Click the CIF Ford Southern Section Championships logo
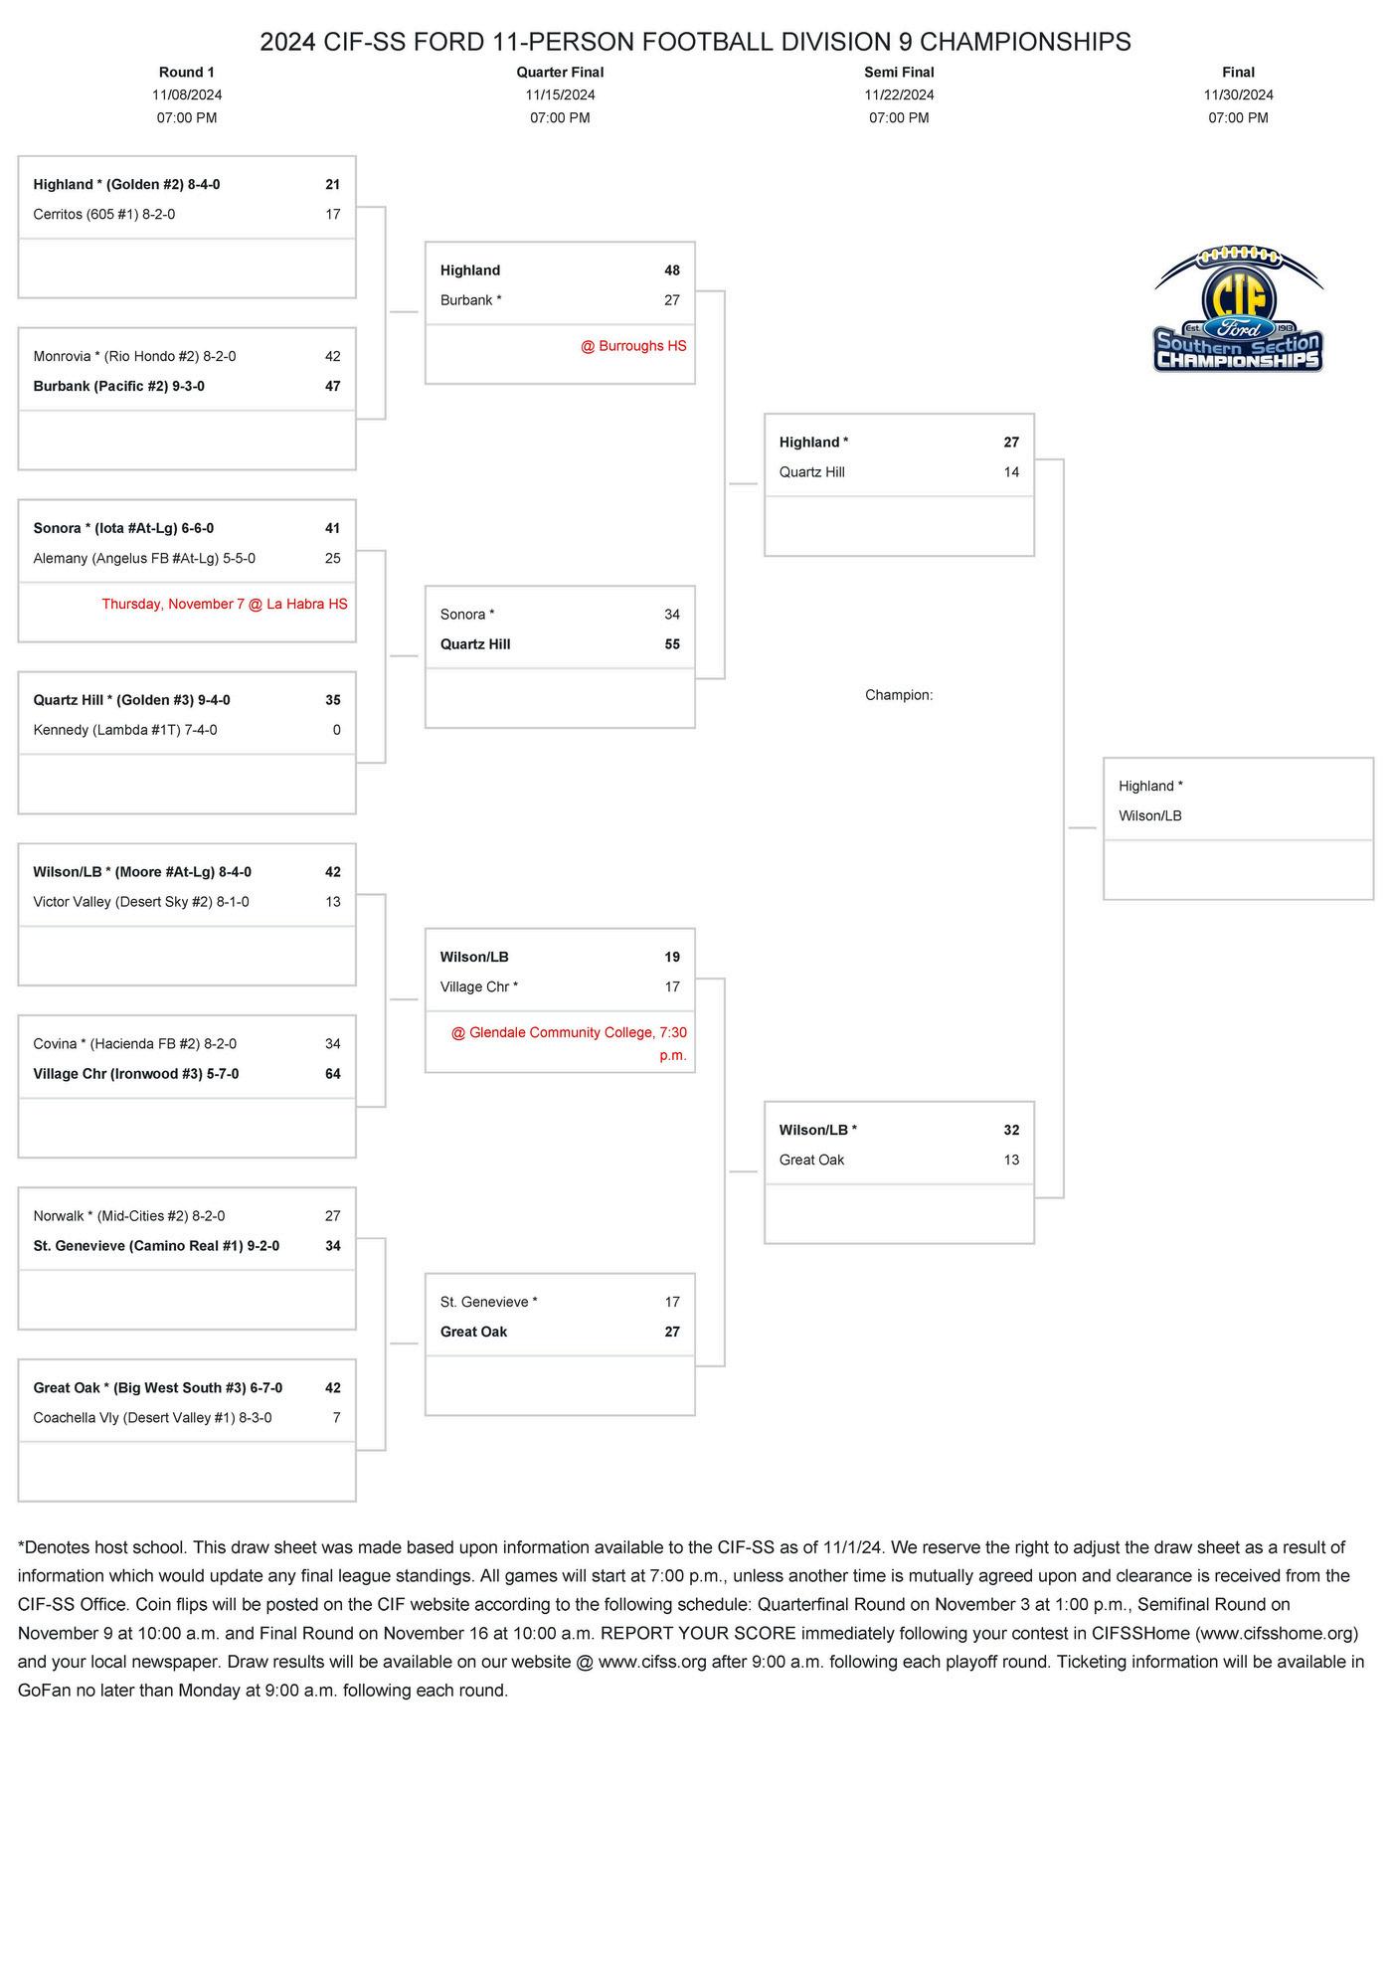[1238, 310]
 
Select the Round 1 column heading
[187, 72]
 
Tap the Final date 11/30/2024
[1238, 94]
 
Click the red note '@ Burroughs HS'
[633, 346]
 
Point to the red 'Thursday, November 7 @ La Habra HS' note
[225, 604]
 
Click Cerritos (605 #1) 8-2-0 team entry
[104, 214]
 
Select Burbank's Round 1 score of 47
[333, 386]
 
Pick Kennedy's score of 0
[336, 730]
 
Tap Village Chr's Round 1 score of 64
[333, 1074]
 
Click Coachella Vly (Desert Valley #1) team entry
[152, 1417]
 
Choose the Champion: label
[899, 695]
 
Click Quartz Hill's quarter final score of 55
[672, 644]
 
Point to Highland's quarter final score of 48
[672, 270]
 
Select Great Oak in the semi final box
[811, 1160]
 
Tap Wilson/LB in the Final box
[1150, 815]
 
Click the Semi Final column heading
[899, 72]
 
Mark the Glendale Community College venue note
[569, 1042]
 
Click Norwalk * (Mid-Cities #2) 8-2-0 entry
[129, 1215]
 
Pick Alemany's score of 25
[333, 558]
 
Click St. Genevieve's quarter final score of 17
[672, 1302]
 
